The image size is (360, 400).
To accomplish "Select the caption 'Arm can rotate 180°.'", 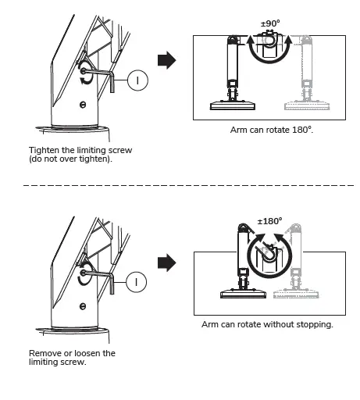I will pos(272,129).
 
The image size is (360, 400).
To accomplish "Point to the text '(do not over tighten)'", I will pos(68,159).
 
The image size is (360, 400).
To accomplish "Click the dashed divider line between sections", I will pos(180,186).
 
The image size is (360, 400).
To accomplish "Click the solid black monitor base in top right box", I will pos(232,105).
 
